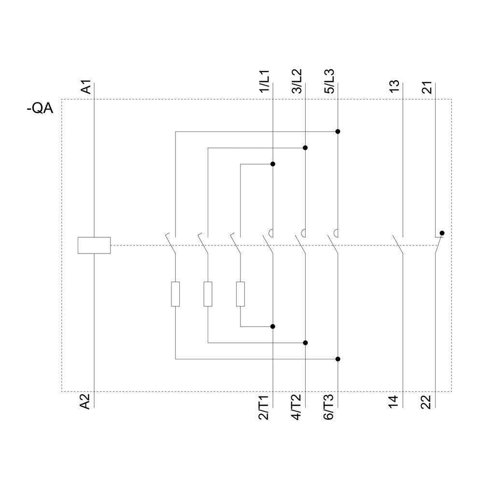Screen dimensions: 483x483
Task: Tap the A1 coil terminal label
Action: pyautogui.click(x=85, y=88)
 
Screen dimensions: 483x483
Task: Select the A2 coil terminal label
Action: pyautogui.click(x=85, y=401)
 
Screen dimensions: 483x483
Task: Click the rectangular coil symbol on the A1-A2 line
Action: pyautogui.click(x=94, y=245)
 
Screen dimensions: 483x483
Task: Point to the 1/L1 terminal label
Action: pyautogui.click(x=265, y=82)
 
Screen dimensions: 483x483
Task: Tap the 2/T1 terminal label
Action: pyautogui.click(x=265, y=407)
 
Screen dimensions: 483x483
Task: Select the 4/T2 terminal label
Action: pyautogui.click(x=297, y=407)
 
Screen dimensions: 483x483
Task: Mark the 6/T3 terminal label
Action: pyautogui.click(x=329, y=407)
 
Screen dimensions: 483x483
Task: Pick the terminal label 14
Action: pyautogui.click(x=394, y=402)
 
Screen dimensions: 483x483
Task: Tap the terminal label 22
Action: pyautogui.click(x=426, y=402)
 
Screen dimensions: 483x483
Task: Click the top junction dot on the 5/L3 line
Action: pyautogui.click(x=338, y=131)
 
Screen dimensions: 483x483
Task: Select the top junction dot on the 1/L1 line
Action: pyautogui.click(x=273, y=164)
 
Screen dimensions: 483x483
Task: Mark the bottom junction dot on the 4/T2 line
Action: pyautogui.click(x=305, y=343)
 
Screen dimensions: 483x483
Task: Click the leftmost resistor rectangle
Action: pyautogui.click(x=175, y=294)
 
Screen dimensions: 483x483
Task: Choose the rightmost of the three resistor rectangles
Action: pyautogui.click(x=240, y=294)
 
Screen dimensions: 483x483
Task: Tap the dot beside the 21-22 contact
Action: pyautogui.click(x=442, y=233)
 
